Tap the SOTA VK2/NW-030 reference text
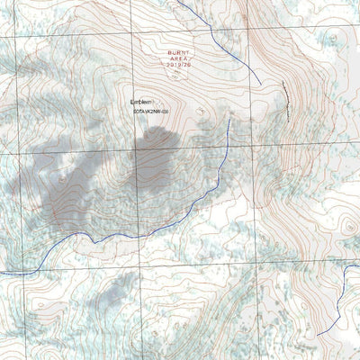pyautogui.click(x=157, y=112)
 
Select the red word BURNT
pyautogui.click(x=178, y=53)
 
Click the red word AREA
pyautogui.click(x=178, y=59)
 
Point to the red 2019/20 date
pyautogui.click(x=178, y=66)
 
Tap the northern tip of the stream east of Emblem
pyautogui.click(x=230, y=120)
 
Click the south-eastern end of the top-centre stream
pyautogui.click(x=261, y=85)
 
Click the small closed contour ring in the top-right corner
pyautogui.click(x=332, y=38)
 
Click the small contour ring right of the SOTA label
pyautogui.click(x=200, y=112)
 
